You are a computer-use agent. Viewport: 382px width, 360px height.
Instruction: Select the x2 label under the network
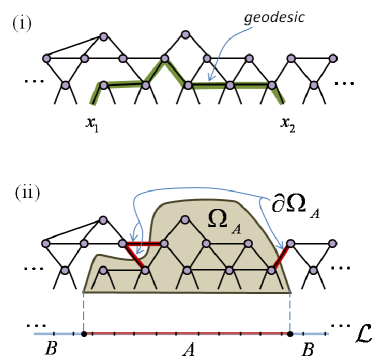pos(288,127)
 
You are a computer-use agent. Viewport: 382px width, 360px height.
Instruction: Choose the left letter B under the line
pos(51,351)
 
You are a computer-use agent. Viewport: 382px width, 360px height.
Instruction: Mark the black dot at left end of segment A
pos(83,332)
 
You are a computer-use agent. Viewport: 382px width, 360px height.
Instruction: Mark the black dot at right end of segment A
pos(290,332)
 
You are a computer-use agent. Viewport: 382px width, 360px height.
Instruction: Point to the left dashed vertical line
pos(83,305)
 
